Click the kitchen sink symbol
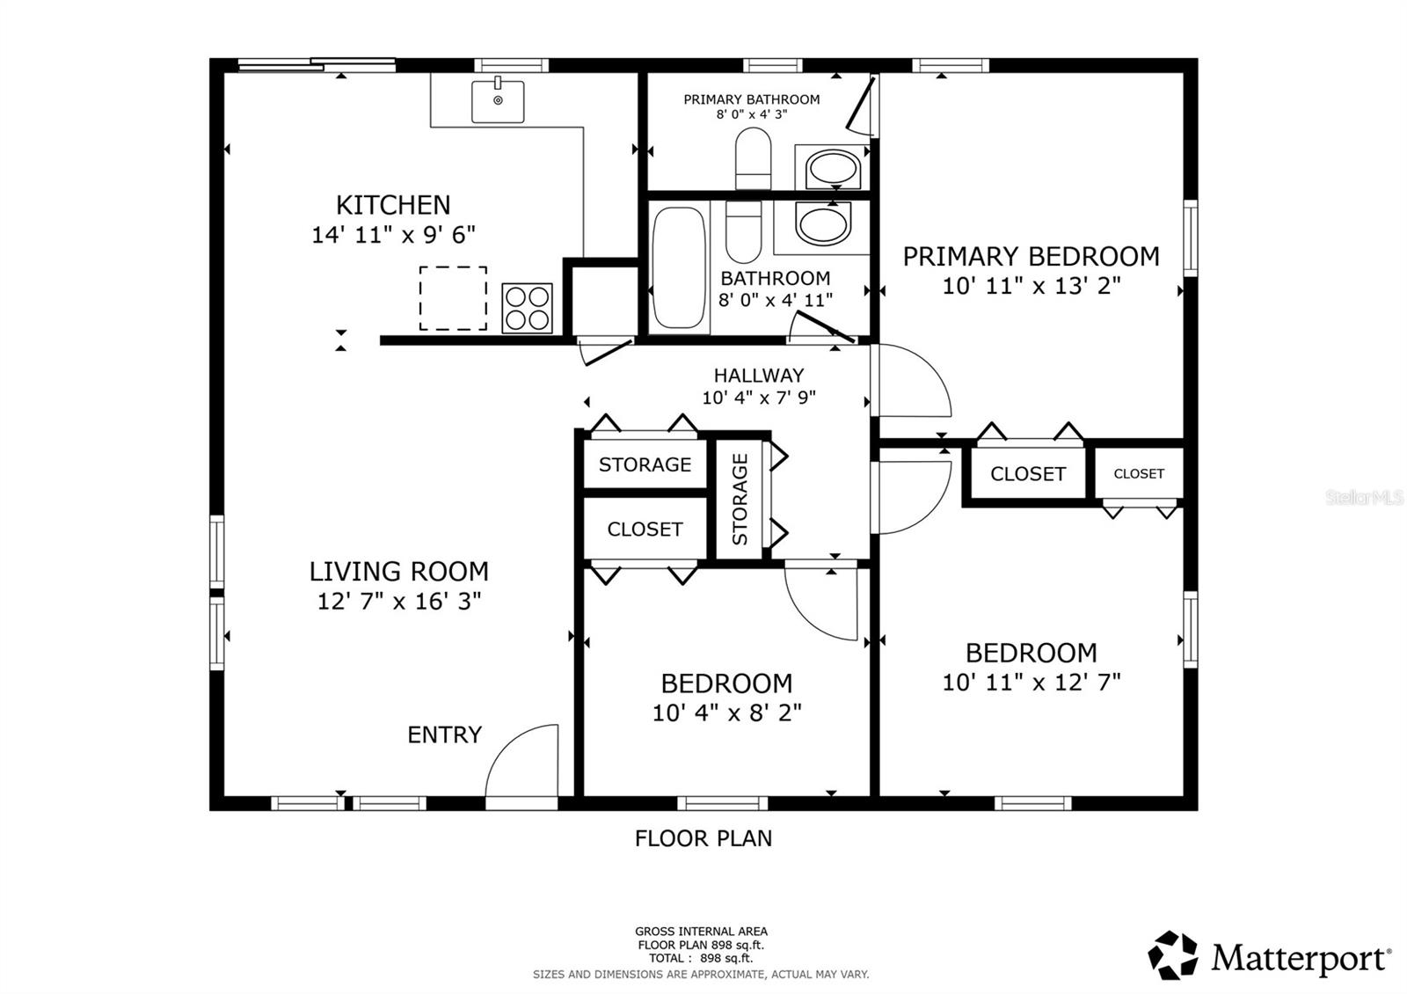498,101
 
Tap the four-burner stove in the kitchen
527,308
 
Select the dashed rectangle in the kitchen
453,298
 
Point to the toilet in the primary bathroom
753,157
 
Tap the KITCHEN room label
393,205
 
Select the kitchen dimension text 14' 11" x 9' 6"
393,235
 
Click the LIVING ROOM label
398,572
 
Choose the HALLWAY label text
758,376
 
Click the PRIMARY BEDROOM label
1031,257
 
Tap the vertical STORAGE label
740,499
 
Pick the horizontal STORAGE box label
645,464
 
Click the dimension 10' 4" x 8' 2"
726,713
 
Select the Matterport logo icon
1173,955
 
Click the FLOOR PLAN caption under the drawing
703,838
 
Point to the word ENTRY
444,735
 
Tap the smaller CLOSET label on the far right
1139,473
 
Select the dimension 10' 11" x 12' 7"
1031,683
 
